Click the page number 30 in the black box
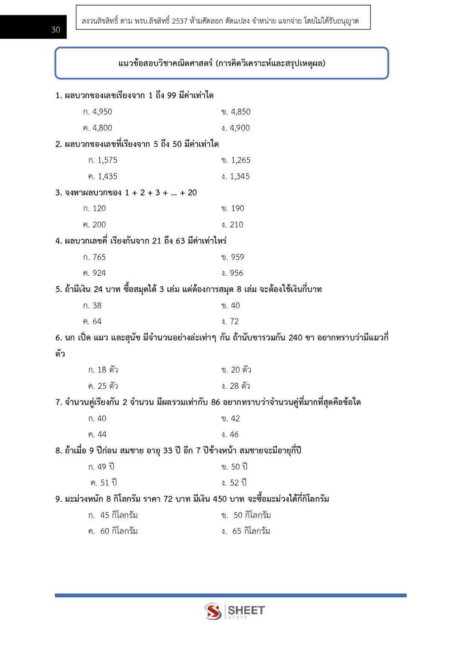[x=55, y=29]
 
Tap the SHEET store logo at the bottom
[x=234, y=611]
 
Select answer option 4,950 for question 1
[x=102, y=112]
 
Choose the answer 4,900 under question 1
[x=240, y=128]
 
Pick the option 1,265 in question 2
[x=240, y=161]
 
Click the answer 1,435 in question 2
[x=107, y=177]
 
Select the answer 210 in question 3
[x=236, y=225]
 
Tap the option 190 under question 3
[x=238, y=209]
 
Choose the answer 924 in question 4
[x=99, y=273]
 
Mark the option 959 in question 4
[x=238, y=257]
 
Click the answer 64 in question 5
[x=97, y=321]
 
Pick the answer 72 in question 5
[x=234, y=321]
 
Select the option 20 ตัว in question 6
[x=241, y=370]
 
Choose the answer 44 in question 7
[x=102, y=435]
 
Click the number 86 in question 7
[x=215, y=402]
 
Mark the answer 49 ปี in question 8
[x=106, y=467]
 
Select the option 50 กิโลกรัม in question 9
[x=252, y=516]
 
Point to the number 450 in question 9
[x=220, y=499]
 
